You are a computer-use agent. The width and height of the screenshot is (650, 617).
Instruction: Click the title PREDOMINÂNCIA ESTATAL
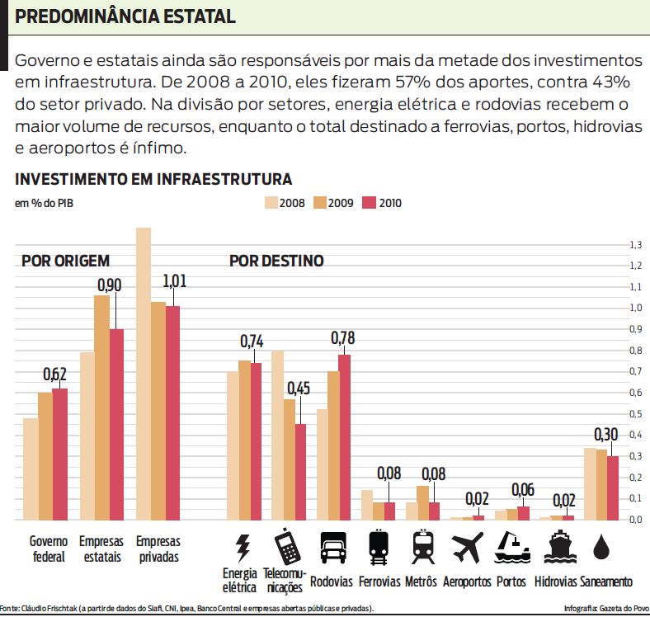point(125,16)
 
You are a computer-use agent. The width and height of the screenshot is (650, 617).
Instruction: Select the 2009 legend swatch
point(321,202)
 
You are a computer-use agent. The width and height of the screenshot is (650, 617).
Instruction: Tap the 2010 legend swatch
point(370,202)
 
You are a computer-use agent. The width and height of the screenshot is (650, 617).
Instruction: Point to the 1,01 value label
point(175,280)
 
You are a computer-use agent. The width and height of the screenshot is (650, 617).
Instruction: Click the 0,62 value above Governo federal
point(55,374)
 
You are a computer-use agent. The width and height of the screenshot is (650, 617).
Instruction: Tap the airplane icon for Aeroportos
point(468,547)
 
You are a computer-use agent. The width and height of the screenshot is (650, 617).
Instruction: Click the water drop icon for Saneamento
point(605,547)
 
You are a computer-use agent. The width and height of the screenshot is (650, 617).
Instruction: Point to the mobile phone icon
point(285,545)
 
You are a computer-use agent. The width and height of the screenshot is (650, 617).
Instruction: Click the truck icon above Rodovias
point(332,548)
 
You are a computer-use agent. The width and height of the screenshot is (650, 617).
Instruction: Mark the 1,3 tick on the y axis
point(635,245)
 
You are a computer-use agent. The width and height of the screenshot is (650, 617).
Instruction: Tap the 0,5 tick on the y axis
point(635,414)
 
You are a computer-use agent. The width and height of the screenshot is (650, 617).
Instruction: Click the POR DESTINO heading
point(276,261)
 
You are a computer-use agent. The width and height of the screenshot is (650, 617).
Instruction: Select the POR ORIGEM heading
point(65,261)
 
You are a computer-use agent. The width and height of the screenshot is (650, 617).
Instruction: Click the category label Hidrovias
point(556,582)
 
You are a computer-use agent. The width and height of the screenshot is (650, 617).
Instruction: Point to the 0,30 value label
point(607,435)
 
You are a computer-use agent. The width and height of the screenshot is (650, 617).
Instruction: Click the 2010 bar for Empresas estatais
point(116,425)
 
